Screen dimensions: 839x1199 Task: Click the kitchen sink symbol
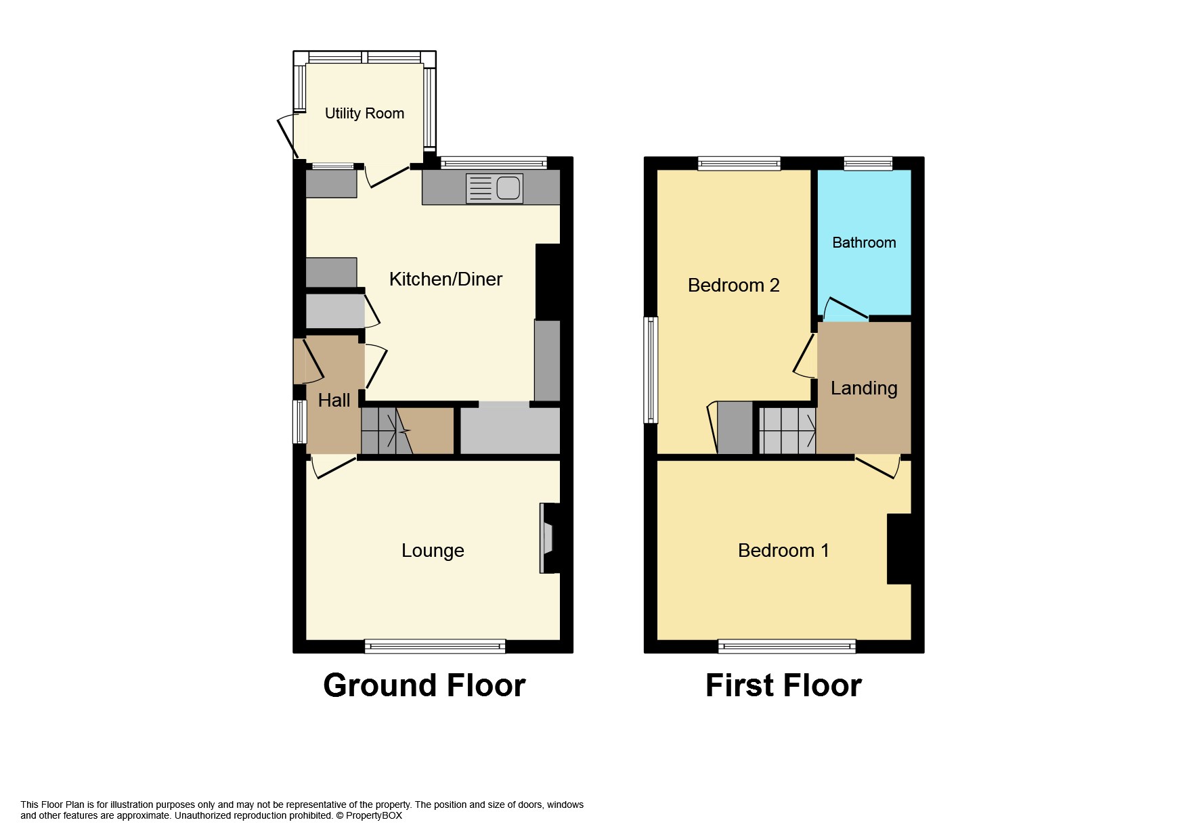(495, 188)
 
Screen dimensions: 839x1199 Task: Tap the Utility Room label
(364, 114)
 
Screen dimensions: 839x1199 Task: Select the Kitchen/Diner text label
(445, 279)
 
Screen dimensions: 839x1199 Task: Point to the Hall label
(334, 401)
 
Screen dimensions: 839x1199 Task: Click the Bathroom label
(864, 243)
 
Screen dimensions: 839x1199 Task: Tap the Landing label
(864, 388)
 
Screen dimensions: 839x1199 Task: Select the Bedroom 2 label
(733, 286)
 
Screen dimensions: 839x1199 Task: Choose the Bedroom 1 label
(783, 551)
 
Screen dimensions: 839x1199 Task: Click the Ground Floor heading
(424, 685)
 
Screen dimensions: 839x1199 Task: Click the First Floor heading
(783, 685)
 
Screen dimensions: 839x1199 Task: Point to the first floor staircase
(787, 431)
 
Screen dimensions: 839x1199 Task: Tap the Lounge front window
(435, 646)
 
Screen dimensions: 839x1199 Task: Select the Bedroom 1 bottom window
(787, 646)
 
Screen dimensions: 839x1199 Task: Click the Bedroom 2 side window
(651, 370)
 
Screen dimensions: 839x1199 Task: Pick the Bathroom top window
(868, 163)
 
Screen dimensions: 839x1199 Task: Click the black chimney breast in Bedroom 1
(899, 549)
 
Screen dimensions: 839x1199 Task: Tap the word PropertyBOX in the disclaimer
(374, 816)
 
